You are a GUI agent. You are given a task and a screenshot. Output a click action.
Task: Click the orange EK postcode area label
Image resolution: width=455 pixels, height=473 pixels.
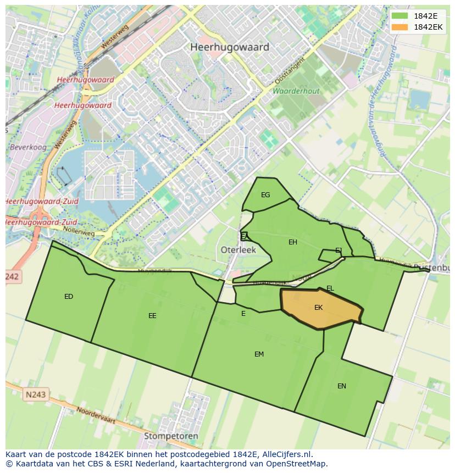(x=319, y=308)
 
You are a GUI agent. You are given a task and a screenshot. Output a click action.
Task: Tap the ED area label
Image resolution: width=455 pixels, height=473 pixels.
(x=69, y=297)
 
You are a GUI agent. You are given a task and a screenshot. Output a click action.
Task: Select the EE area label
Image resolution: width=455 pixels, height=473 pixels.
(x=152, y=316)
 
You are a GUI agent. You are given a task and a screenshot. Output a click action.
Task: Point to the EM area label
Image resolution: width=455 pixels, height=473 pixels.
(x=259, y=354)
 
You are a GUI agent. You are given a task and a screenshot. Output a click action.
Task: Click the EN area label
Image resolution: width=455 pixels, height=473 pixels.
(x=342, y=386)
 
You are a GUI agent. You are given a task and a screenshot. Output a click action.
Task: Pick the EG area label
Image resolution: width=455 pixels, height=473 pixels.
(x=265, y=195)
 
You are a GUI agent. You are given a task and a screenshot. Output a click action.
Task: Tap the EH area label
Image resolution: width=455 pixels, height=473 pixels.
(x=293, y=242)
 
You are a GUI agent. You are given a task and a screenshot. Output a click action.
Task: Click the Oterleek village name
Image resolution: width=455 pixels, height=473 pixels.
(x=238, y=249)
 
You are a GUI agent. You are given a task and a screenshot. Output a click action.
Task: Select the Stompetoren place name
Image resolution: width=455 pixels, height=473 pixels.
(x=171, y=436)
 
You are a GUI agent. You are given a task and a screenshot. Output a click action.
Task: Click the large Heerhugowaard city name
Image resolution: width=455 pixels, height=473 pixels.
(x=230, y=47)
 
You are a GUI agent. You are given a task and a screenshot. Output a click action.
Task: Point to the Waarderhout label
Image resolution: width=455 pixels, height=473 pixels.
(x=296, y=90)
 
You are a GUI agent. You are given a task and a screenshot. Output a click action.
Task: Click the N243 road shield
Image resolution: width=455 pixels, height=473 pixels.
(x=36, y=394)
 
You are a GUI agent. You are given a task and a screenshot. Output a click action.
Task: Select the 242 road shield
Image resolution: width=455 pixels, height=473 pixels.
(x=13, y=277)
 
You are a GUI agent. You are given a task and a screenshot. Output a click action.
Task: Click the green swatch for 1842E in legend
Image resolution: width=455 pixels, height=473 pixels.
(x=400, y=16)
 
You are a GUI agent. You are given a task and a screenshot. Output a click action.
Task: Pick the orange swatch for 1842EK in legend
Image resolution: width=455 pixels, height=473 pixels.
(x=400, y=27)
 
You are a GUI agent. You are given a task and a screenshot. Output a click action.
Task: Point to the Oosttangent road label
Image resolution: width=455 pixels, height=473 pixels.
(x=290, y=73)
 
